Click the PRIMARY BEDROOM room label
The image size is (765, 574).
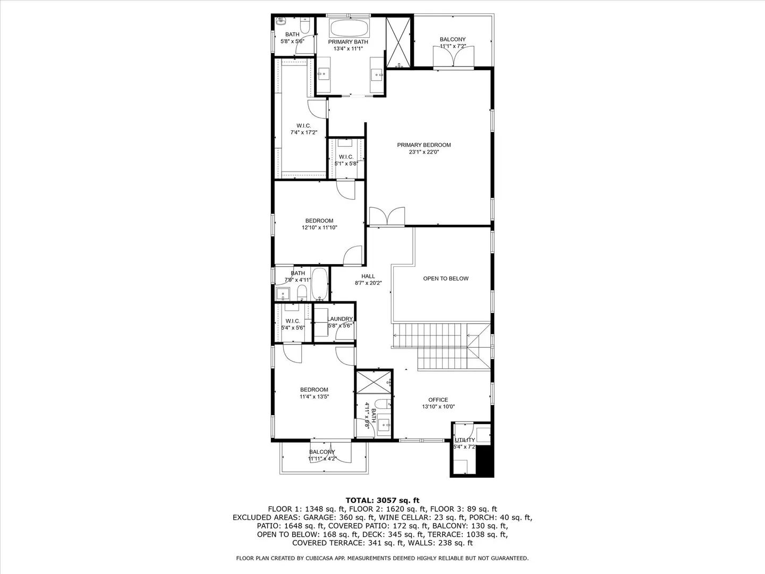pyautogui.click(x=424, y=145)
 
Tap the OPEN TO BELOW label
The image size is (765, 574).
pyautogui.click(x=446, y=278)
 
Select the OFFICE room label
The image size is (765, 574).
pyautogui.click(x=438, y=400)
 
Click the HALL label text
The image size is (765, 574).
pyautogui.click(x=368, y=276)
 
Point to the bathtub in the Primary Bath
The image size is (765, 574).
pyautogui.click(x=349, y=28)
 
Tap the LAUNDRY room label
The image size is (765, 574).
pyautogui.click(x=340, y=319)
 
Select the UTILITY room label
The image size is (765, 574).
pyautogui.click(x=465, y=440)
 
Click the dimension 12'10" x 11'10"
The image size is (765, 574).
pyautogui.click(x=319, y=227)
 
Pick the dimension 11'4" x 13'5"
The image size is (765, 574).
pyautogui.click(x=314, y=396)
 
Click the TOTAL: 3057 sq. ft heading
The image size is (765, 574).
pyautogui.click(x=382, y=501)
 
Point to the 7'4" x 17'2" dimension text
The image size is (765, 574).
pyautogui.click(x=303, y=132)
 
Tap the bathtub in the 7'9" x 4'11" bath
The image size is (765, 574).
pyautogui.click(x=320, y=284)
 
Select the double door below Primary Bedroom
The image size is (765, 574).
pyautogui.click(x=387, y=217)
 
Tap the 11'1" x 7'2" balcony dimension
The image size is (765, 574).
pyautogui.click(x=453, y=46)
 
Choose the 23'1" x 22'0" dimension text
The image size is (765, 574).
pyautogui.click(x=424, y=152)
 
